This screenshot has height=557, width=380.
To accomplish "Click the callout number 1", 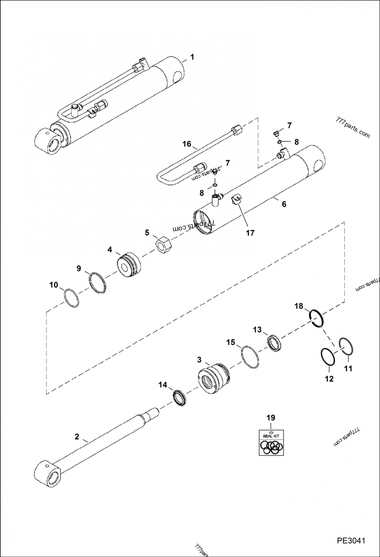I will (x=192, y=57).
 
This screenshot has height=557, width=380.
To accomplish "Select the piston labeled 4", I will (x=129, y=263).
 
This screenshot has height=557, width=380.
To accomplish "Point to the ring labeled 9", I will (x=98, y=283).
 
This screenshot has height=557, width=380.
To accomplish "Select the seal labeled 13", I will (x=275, y=343).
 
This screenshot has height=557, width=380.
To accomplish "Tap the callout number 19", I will (x=270, y=418).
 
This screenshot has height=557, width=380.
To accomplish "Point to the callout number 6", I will (x=284, y=204).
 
